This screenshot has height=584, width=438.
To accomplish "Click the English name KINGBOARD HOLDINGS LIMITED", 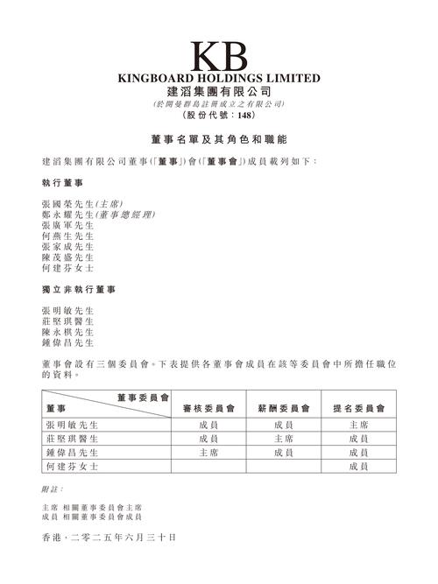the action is click(219, 77).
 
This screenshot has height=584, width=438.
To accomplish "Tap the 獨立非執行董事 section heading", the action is click(73, 289).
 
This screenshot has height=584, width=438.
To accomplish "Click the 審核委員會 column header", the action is click(208, 408).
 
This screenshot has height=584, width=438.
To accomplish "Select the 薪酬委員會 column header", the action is click(283, 408).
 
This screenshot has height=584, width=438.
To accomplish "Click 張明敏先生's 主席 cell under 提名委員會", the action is click(357, 424).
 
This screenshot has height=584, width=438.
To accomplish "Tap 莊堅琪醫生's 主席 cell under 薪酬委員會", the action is click(283, 438).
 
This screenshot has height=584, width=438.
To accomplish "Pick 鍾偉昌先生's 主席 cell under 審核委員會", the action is click(208, 453).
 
